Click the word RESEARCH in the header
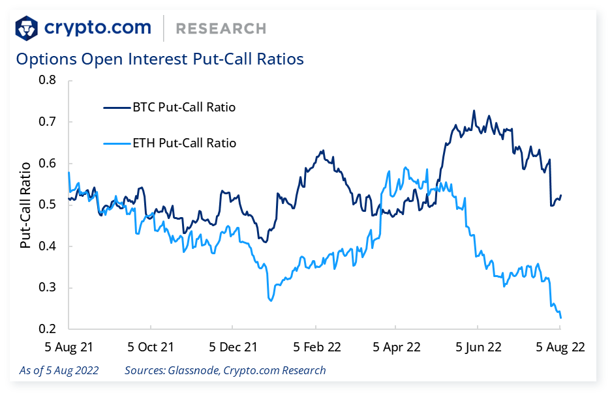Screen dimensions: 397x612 coord(221,29)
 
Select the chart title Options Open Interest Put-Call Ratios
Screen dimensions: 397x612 coord(160,59)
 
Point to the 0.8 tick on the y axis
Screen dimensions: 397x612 coord(48,80)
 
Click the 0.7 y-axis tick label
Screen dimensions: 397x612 coord(48,122)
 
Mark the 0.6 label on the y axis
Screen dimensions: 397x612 coord(48,163)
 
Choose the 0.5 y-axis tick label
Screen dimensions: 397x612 coord(48,205)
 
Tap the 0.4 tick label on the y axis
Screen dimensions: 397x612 coord(48,246)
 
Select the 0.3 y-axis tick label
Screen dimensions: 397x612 coord(48,287)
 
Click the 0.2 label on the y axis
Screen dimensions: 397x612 coord(48,329)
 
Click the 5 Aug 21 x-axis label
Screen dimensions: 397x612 coord(69,347)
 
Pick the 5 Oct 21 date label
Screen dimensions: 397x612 coord(151,347)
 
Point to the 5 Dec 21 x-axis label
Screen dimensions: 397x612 coord(233,347)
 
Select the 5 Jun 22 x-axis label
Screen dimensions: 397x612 coord(478,347)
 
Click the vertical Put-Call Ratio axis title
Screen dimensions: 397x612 coord(25,205)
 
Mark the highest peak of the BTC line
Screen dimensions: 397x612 coord(474,111)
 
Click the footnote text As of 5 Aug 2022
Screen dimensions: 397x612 coord(59,370)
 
